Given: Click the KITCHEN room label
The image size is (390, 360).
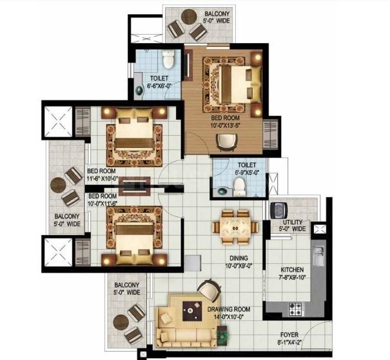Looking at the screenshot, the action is click(292, 270).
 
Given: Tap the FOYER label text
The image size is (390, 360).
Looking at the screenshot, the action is click(289, 335).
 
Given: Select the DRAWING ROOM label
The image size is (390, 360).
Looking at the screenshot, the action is click(229, 309).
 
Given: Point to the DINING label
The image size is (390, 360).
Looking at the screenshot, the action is click(239, 258).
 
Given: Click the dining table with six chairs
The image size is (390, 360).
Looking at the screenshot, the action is click(235, 227).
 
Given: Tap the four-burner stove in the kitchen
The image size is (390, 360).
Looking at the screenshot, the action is click(295, 309).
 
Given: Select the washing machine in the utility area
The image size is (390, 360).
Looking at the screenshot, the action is click(278, 211).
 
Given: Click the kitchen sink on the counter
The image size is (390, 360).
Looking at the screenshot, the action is click(318, 256).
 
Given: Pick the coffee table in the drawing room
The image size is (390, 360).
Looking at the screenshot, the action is click(192, 311).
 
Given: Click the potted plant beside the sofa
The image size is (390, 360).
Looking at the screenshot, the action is click(222, 336).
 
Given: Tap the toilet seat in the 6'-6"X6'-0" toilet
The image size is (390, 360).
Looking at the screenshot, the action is click(168, 59).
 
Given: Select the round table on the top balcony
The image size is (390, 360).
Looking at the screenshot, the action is click(189, 17).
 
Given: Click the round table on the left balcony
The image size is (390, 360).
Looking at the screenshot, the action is click(58, 185).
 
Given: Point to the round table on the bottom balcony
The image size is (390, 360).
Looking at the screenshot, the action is click(121, 322).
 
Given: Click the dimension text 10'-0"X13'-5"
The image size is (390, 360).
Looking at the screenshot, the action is click(225, 126).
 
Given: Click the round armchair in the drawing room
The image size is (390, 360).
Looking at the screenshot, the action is click(209, 289).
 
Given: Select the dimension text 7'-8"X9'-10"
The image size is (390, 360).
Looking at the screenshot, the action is click(292, 277).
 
